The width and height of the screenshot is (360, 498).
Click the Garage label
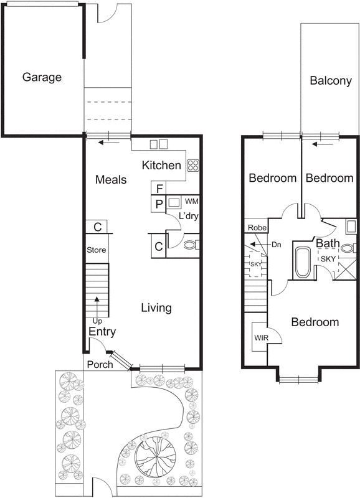[42, 78]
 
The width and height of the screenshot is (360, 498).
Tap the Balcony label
[331, 81]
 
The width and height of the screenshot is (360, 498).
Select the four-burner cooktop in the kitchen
[193, 166]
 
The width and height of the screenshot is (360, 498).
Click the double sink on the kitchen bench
[159, 144]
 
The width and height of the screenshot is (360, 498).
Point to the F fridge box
[159, 189]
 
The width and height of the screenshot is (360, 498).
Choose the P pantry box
[159, 204]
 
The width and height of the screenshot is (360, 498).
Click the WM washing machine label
[192, 202]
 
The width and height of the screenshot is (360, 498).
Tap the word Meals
[111, 180]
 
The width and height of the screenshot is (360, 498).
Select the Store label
[97, 250]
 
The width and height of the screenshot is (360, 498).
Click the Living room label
[156, 308]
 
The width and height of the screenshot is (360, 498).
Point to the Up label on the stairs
[97, 321]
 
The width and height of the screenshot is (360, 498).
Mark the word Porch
[100, 364]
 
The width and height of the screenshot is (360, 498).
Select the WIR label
[260, 337]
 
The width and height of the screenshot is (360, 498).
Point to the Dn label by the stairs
[277, 245]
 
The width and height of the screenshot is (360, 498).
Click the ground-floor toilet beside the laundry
[191, 245]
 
